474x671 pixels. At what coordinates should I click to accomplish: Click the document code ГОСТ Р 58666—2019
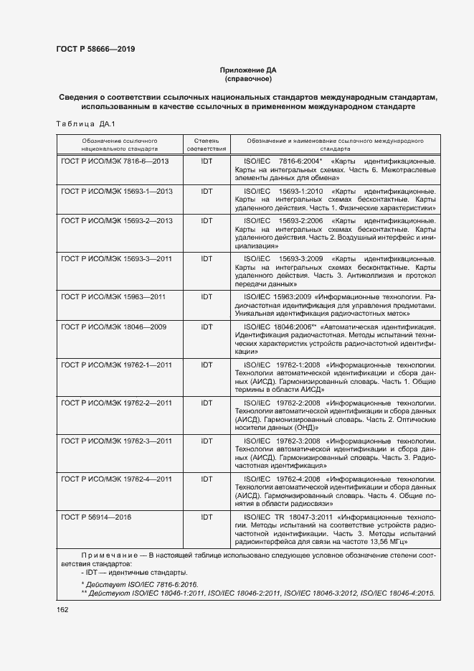(x=95, y=49)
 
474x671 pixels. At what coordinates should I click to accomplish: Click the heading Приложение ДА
(x=247, y=70)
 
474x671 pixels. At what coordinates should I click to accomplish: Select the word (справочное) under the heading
(x=247, y=79)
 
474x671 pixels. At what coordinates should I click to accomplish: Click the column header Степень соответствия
(x=207, y=144)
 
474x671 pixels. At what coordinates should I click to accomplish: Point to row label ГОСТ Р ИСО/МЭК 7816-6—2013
(x=115, y=161)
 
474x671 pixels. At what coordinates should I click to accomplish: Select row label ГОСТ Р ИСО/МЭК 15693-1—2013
(x=117, y=192)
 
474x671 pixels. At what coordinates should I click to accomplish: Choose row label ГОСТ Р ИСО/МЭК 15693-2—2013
(x=117, y=221)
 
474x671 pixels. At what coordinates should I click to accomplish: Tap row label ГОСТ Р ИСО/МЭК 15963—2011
(x=113, y=296)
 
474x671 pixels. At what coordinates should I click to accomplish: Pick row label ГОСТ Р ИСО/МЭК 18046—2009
(x=113, y=327)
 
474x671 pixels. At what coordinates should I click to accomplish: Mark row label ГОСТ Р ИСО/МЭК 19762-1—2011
(x=117, y=365)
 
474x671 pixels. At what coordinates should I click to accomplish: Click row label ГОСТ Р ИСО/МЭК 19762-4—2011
(x=117, y=479)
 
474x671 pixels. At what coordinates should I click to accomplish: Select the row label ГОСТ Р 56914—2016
(x=97, y=517)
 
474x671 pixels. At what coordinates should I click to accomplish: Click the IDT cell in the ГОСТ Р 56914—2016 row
(x=207, y=517)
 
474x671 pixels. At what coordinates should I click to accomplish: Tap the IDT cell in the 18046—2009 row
(x=207, y=327)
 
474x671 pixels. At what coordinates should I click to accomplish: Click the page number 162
(x=62, y=609)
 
